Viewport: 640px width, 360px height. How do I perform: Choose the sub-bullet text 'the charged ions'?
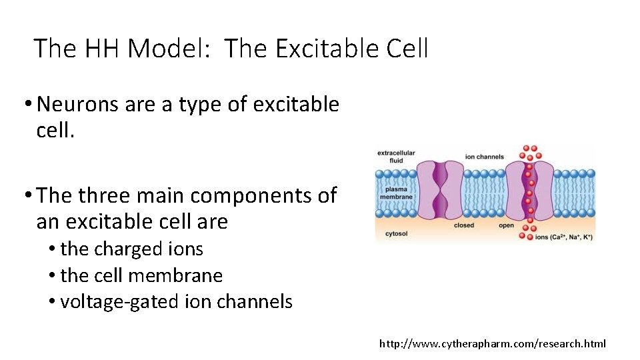[x=131, y=249]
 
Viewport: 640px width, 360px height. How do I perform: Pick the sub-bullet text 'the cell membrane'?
[x=141, y=275]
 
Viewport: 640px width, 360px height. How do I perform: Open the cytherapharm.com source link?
[x=493, y=343]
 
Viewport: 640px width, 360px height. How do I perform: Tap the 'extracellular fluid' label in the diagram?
[x=396, y=156]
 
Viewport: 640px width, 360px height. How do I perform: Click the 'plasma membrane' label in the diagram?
[x=396, y=193]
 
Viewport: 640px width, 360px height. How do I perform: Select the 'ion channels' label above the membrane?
[x=484, y=157]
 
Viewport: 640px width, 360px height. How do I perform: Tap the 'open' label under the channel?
[x=506, y=225]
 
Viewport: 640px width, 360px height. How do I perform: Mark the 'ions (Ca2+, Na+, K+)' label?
[x=564, y=237]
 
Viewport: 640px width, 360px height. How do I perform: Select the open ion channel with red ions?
[x=530, y=190]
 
